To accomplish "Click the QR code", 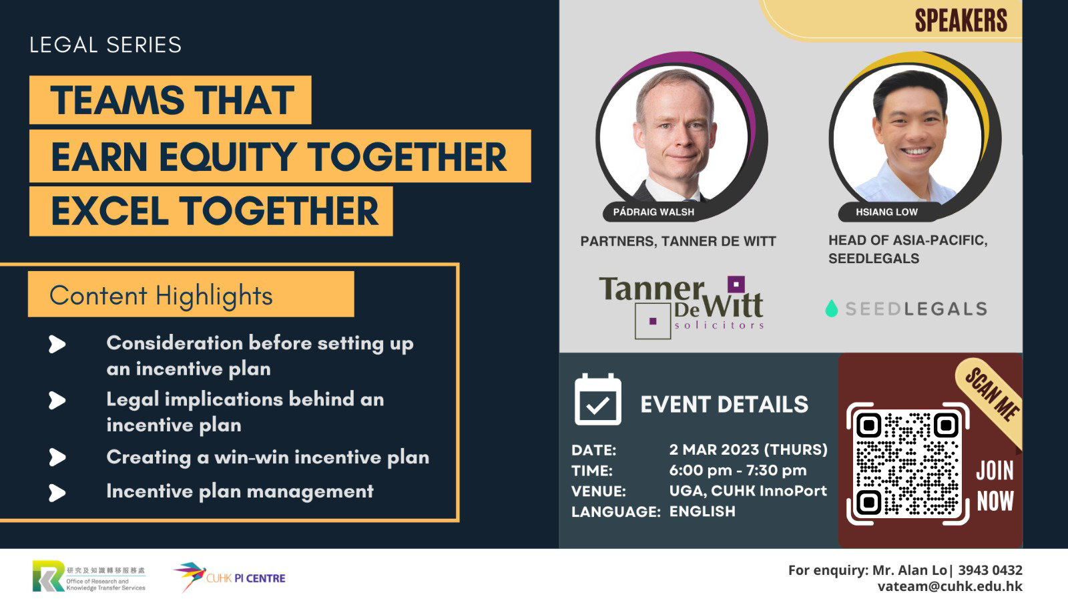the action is tap(908, 463).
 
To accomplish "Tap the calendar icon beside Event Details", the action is tap(598, 399).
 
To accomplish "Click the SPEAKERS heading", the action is tap(961, 21).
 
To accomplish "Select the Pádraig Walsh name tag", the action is tap(653, 212).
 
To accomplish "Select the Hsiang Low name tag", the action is tap(886, 212).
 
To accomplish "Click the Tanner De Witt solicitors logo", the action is tap(682, 307).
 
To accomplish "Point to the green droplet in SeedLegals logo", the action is tap(832, 309).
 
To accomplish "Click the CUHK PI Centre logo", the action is tap(230, 576).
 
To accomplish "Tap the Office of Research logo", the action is tap(89, 576).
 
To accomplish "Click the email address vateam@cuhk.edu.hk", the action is tap(950, 586).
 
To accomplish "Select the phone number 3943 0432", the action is tap(991, 570).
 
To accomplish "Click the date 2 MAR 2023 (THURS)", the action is tap(748, 450).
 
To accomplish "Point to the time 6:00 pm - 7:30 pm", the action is tap(738, 470).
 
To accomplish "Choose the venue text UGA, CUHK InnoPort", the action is tap(748, 491).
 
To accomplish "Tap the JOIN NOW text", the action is tap(995, 486).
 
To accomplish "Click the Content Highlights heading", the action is tap(161, 295).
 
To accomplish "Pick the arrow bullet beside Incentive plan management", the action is tap(57, 493).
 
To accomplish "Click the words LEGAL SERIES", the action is tap(105, 45).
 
